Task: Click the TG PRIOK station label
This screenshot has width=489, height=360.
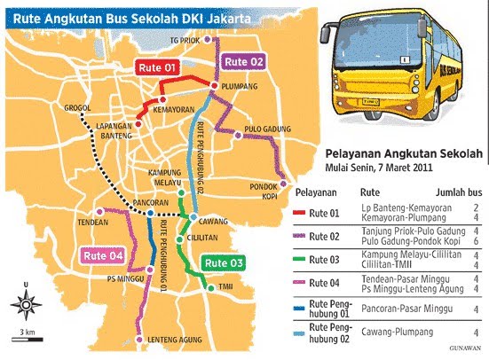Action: coord(184,40)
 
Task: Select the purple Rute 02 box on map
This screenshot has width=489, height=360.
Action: coord(244,60)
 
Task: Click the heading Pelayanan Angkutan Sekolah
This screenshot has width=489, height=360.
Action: coord(404,153)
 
